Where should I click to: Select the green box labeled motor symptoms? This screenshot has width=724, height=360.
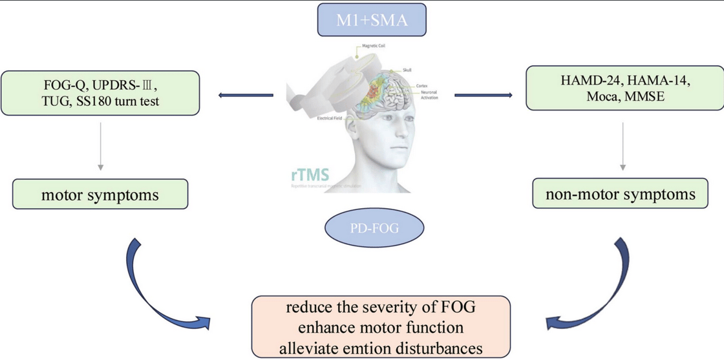[x=100, y=195]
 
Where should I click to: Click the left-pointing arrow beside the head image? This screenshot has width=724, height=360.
[x=246, y=96]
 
